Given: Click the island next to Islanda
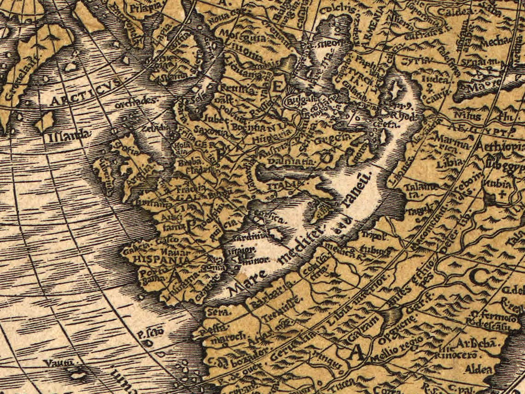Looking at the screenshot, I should [x=45, y=121].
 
